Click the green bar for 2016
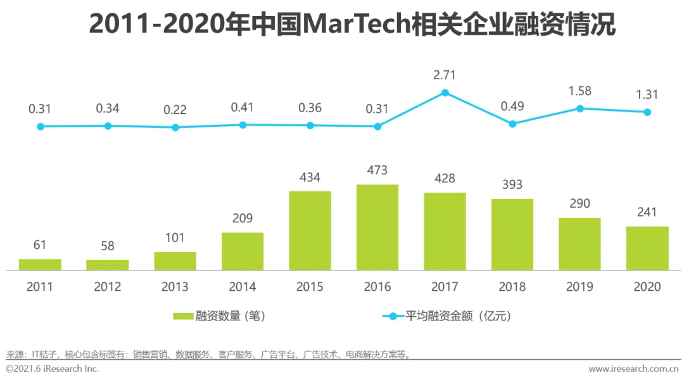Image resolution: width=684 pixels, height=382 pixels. click(377, 227)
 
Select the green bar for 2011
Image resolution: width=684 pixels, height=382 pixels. click(40, 265)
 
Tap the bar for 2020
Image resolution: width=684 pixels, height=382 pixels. click(647, 248)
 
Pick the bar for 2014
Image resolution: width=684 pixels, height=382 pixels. click(243, 251)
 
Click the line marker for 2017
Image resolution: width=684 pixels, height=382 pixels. click(445, 92)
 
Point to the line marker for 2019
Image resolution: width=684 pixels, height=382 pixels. click(580, 108)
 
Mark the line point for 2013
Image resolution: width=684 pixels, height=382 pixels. click(175, 127)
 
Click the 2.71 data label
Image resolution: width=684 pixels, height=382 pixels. click(445, 75)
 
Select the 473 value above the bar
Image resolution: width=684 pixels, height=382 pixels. click(377, 170)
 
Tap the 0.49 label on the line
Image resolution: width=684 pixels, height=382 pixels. click(512, 106)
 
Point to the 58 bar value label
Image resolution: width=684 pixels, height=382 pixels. click(108, 245)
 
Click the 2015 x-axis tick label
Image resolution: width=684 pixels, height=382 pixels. click(310, 286)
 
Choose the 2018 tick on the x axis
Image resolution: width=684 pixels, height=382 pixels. click(512, 286)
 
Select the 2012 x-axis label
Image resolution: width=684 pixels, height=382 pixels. click(108, 286)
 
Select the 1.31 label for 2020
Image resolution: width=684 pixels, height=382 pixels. click(647, 94)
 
